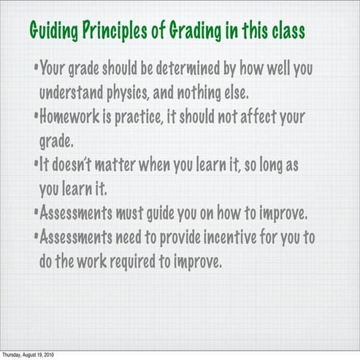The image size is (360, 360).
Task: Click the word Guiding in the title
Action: point(53,33)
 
